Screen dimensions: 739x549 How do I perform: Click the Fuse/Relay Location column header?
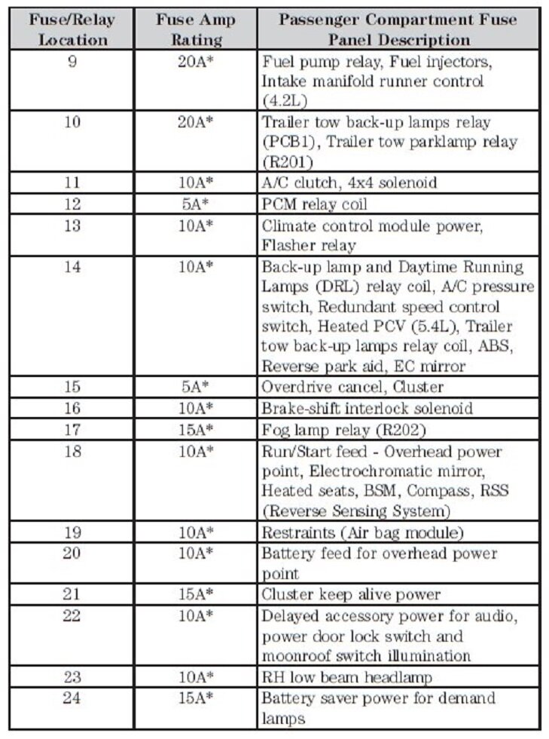pyautogui.click(x=73, y=29)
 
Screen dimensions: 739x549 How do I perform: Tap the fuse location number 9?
pyautogui.click(x=72, y=62)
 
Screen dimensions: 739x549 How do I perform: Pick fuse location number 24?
pyautogui.click(x=72, y=698)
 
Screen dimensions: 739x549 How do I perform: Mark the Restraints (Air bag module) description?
pyautogui.click(x=362, y=532)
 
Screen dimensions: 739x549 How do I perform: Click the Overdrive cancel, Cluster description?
pyautogui.click(x=352, y=388)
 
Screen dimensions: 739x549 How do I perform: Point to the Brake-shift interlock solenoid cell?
pyautogui.click(x=368, y=409)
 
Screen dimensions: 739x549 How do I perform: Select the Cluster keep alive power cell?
pyautogui.click(x=351, y=594)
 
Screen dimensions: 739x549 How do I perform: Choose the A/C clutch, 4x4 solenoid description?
pyautogui.click(x=349, y=182)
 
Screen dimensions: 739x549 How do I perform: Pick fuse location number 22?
pyautogui.click(x=72, y=616)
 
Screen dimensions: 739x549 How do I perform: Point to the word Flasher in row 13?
pyautogui.click(x=288, y=245)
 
